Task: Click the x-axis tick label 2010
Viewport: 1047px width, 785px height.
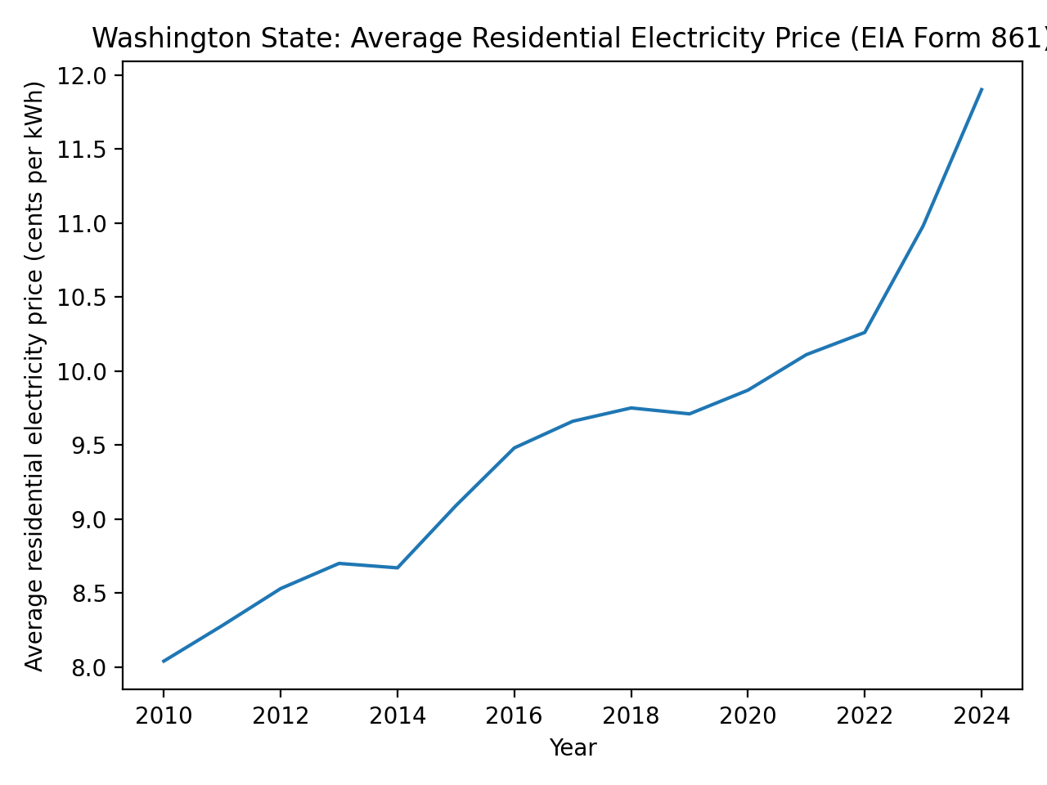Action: point(164,717)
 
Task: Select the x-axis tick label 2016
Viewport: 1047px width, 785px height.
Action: point(514,717)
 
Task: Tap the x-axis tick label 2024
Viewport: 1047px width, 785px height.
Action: point(981,717)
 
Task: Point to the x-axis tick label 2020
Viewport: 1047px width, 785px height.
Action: point(748,717)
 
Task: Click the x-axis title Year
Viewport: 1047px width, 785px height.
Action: point(573,748)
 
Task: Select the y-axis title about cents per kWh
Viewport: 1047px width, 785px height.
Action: point(34,376)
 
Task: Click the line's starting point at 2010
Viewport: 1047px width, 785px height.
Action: point(164,661)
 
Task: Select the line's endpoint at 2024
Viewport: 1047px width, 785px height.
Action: point(981,89)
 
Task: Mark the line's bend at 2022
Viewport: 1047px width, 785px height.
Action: point(865,332)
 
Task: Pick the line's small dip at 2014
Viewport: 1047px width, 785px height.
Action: point(398,567)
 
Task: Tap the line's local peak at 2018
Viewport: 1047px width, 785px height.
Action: point(631,408)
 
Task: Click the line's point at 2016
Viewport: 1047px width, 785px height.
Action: point(514,448)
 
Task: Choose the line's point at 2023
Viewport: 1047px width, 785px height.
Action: point(923,226)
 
